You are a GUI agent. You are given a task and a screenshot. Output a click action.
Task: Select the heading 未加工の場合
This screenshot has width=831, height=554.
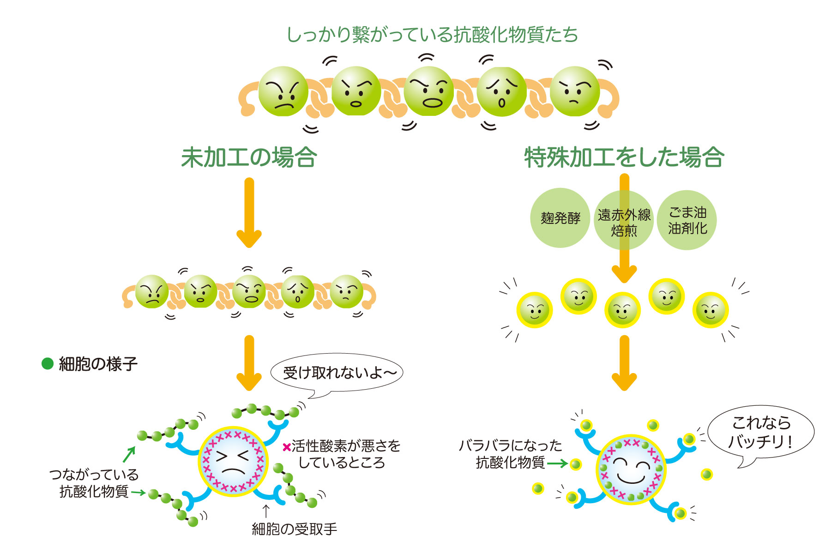coord(249,157)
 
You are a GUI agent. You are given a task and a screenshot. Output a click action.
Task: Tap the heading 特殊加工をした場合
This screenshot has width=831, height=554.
coord(624,157)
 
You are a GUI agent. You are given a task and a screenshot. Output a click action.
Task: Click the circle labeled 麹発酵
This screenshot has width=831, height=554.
coord(560,218)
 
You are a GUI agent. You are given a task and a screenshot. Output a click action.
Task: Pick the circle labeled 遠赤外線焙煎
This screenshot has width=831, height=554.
coord(624,222)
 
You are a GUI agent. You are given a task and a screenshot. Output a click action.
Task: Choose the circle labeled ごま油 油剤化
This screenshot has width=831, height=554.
coord(687,220)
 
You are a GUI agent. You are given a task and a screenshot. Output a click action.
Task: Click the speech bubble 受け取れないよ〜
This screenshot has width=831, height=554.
coord(337,373)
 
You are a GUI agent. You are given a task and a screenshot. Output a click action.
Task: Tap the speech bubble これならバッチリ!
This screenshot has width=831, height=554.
coord(761,432)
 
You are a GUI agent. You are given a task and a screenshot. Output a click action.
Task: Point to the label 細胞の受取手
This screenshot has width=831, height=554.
coord(294,529)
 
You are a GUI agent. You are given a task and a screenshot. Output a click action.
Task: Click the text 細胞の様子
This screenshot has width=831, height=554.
coord(98,364)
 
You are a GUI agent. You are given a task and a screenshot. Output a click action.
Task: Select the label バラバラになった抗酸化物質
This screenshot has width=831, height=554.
coord(510,453)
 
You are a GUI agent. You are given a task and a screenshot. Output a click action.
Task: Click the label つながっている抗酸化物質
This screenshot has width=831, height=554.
coord(94,483)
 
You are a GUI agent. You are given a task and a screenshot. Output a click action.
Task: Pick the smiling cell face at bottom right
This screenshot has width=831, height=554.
coord(631,470)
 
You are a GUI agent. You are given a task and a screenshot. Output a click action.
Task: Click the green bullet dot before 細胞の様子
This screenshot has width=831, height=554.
coord(48,364)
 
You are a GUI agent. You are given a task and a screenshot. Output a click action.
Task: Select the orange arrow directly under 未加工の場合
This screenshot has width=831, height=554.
coord(249,212)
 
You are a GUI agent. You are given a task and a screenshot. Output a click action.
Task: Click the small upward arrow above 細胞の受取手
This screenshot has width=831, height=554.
coord(266,511)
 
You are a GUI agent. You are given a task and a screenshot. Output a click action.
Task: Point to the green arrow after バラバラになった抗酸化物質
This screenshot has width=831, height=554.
coord(557,463)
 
